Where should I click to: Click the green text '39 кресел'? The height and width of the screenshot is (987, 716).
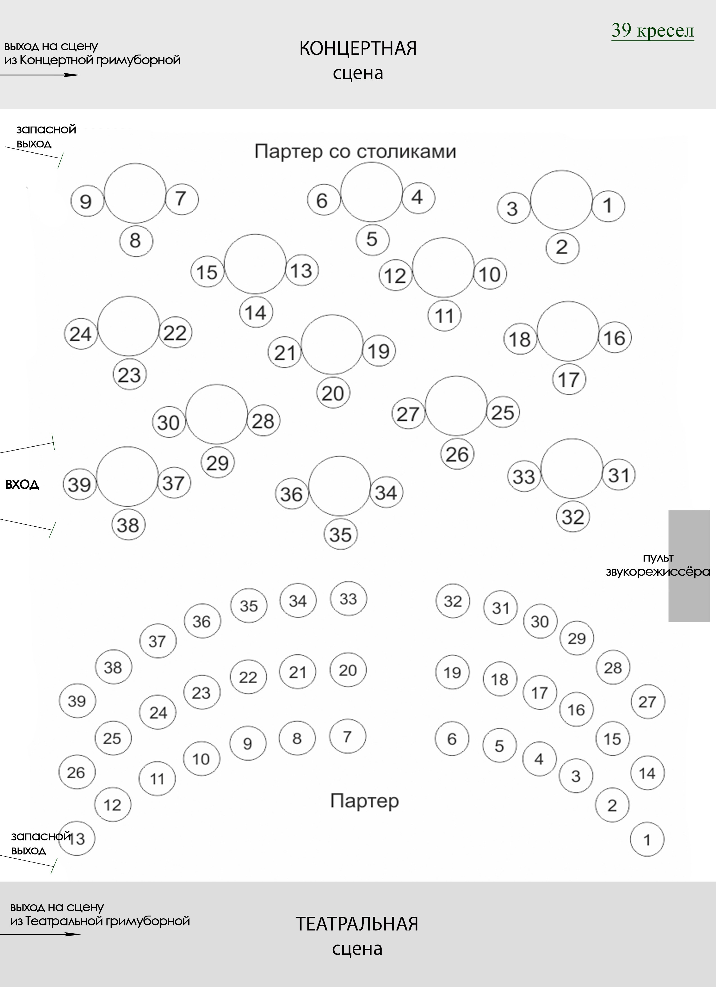[652, 30]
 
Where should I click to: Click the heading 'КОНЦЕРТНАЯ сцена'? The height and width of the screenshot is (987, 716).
[357, 60]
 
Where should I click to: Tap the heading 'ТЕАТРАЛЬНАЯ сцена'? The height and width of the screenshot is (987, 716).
[357, 935]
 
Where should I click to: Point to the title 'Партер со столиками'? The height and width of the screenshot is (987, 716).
[355, 152]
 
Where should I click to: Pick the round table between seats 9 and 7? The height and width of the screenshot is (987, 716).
[135, 193]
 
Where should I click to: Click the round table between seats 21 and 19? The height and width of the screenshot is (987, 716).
[332, 344]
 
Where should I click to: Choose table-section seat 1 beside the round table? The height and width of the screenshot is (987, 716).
[608, 205]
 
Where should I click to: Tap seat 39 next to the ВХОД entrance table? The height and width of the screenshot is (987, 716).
[80, 484]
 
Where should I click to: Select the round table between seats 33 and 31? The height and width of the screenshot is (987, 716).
[572, 468]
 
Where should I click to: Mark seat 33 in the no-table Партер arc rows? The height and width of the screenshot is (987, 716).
[348, 599]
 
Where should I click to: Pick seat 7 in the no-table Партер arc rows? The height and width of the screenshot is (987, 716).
[347, 736]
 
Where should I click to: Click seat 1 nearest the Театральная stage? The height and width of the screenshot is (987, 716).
[647, 839]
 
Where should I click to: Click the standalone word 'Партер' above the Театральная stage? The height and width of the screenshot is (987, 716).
[364, 801]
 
